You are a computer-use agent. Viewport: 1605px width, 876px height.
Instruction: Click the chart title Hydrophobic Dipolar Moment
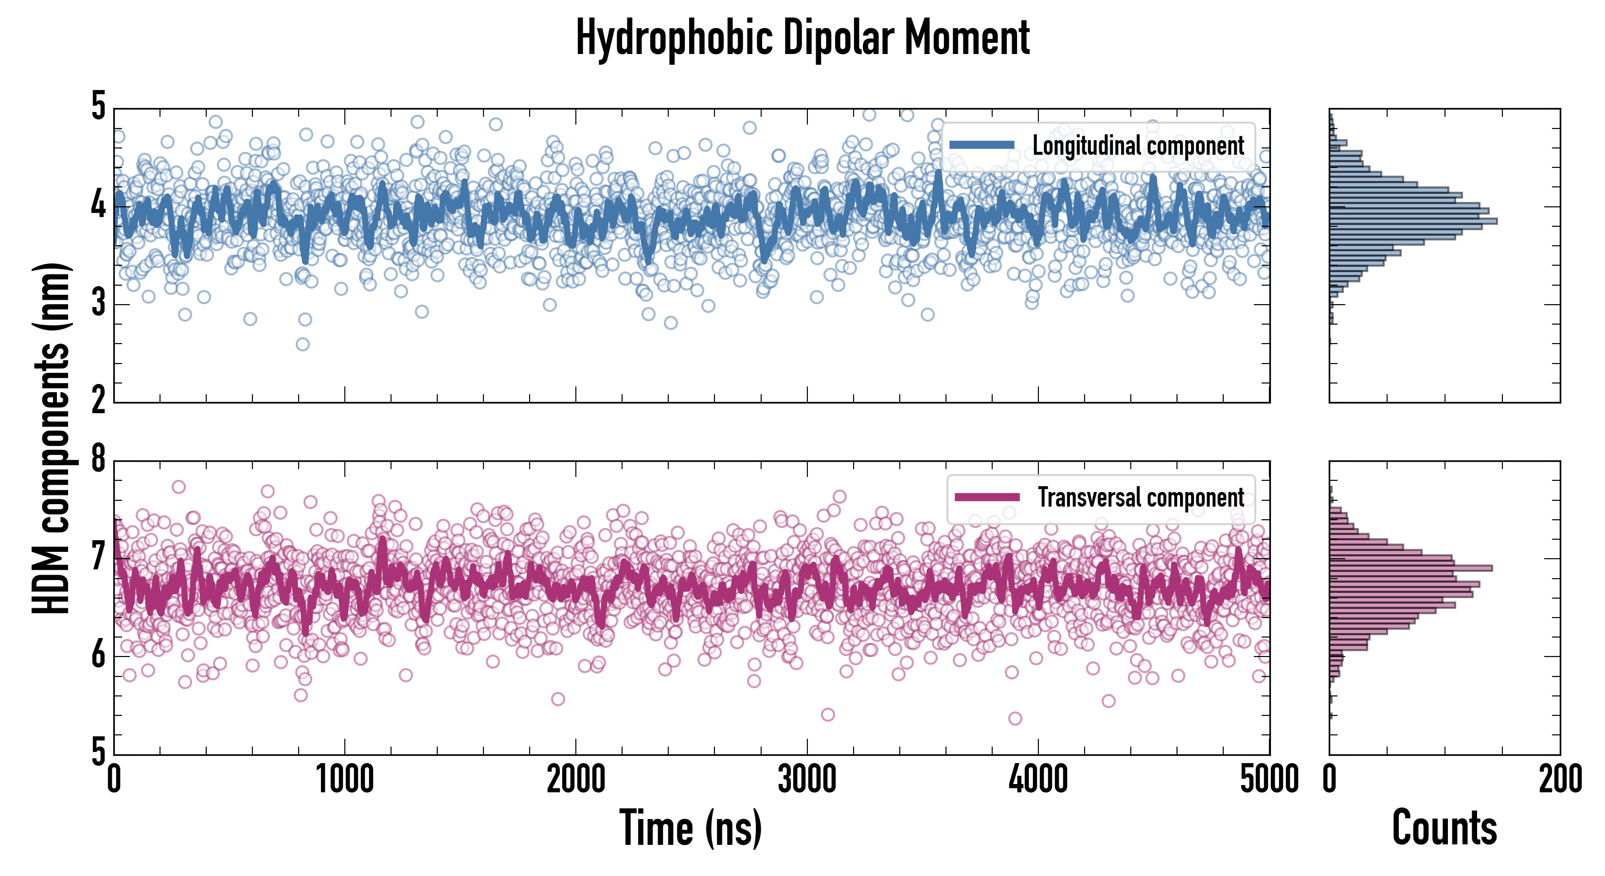click(802, 38)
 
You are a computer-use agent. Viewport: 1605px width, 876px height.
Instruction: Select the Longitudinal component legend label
click(1138, 146)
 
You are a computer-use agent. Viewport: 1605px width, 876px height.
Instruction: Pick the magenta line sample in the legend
click(987, 497)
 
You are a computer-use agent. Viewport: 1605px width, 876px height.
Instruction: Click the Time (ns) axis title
click(690, 828)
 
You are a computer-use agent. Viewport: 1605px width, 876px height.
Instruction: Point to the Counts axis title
click(1444, 828)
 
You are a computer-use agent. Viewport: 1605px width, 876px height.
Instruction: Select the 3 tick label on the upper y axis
click(98, 304)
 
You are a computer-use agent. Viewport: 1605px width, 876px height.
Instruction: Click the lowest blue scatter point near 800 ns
click(302, 344)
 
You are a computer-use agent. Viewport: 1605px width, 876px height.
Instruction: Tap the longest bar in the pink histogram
click(1410, 568)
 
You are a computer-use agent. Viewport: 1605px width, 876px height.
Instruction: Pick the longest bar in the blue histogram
click(1413, 221)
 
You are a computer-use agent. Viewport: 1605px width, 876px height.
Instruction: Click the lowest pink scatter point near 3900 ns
click(1015, 718)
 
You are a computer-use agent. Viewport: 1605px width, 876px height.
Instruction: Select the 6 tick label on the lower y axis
click(98, 655)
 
